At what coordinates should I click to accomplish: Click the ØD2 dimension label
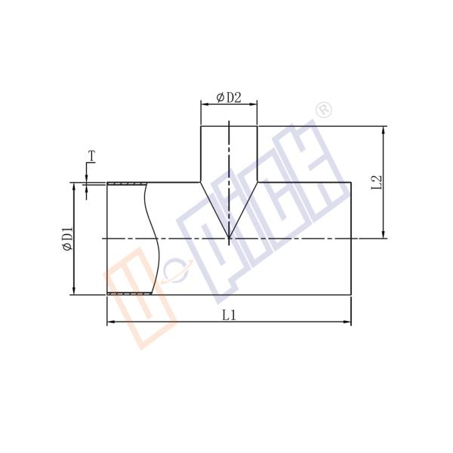(x=229, y=97)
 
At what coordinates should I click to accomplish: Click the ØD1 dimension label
(x=66, y=239)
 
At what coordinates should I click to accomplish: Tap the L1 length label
(x=229, y=315)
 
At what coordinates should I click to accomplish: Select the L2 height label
(x=377, y=182)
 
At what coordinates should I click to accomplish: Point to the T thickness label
(x=91, y=156)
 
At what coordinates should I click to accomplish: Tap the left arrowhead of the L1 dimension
(x=110, y=322)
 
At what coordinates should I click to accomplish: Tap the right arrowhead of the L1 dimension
(x=348, y=322)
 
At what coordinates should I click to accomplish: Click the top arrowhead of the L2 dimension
(x=385, y=130)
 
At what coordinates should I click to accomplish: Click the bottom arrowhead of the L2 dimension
(x=385, y=235)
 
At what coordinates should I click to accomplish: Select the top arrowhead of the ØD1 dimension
(x=74, y=186)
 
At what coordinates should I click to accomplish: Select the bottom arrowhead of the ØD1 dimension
(x=74, y=291)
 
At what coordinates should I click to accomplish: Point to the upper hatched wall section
(x=126, y=183)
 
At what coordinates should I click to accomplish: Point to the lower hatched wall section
(x=130, y=294)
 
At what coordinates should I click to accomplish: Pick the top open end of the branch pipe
(x=229, y=126)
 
